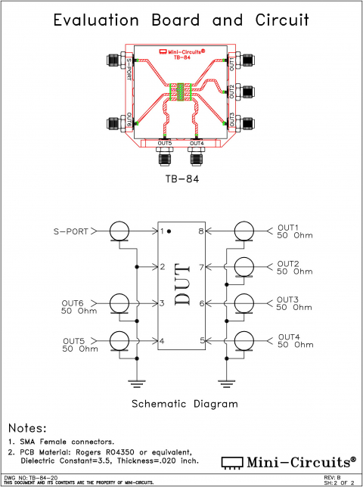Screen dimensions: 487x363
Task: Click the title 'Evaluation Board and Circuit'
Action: point(181,21)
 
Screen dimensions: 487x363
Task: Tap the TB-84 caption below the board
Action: point(181,181)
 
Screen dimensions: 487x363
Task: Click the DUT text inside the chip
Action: point(181,285)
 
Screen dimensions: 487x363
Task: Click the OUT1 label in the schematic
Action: point(288,227)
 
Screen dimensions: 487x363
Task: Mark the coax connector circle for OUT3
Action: point(244,303)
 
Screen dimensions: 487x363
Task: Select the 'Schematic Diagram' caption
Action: point(185,403)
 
